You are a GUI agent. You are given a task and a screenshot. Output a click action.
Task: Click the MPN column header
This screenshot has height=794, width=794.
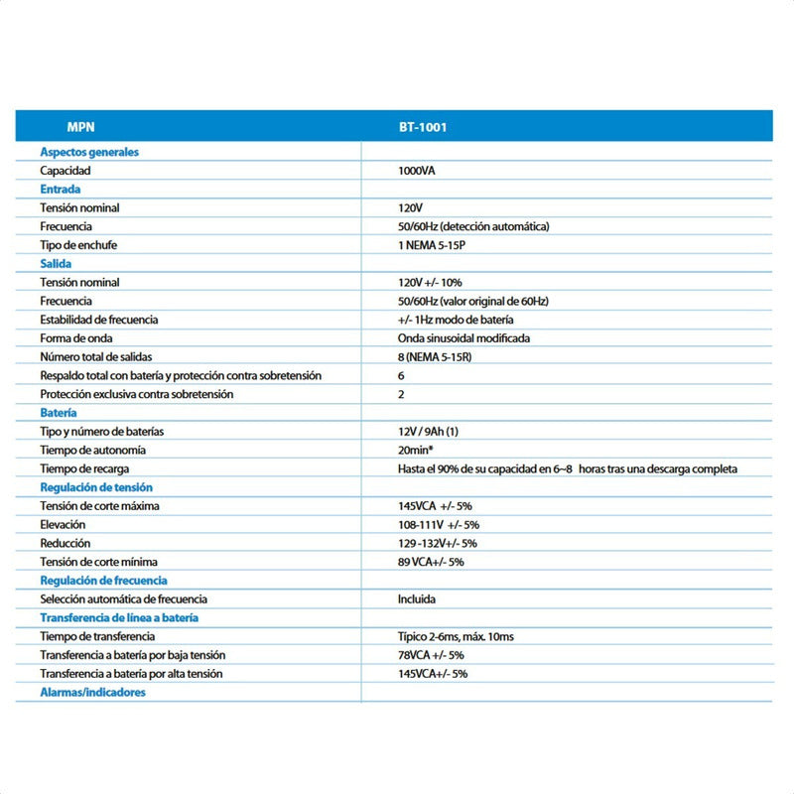pos(80,127)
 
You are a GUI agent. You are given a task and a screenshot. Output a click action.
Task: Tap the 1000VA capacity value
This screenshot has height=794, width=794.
pos(416,171)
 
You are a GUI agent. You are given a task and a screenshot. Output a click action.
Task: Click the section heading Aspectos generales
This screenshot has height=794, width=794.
pos(89,152)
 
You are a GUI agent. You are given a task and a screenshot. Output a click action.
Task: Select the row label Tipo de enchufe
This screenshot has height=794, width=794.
pos(85,244)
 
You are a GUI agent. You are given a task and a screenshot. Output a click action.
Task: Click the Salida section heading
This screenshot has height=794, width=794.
pos(56,263)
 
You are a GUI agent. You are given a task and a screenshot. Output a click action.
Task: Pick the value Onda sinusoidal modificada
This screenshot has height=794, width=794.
pos(463,337)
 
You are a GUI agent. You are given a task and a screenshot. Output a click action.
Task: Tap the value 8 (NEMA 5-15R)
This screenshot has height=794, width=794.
pos(434,356)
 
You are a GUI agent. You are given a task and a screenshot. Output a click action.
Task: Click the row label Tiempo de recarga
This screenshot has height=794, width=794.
pos(85,468)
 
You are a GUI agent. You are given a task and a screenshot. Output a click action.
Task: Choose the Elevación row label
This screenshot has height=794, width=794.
pos(63,524)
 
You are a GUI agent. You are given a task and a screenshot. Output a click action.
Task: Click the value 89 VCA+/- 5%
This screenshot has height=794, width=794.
pos(431,562)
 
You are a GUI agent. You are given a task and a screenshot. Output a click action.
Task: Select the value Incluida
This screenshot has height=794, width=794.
pos(417,598)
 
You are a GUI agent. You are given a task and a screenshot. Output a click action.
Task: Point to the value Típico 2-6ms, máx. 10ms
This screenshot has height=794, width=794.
pos(456,635)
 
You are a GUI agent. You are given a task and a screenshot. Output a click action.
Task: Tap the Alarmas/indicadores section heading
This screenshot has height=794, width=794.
pos(92,692)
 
